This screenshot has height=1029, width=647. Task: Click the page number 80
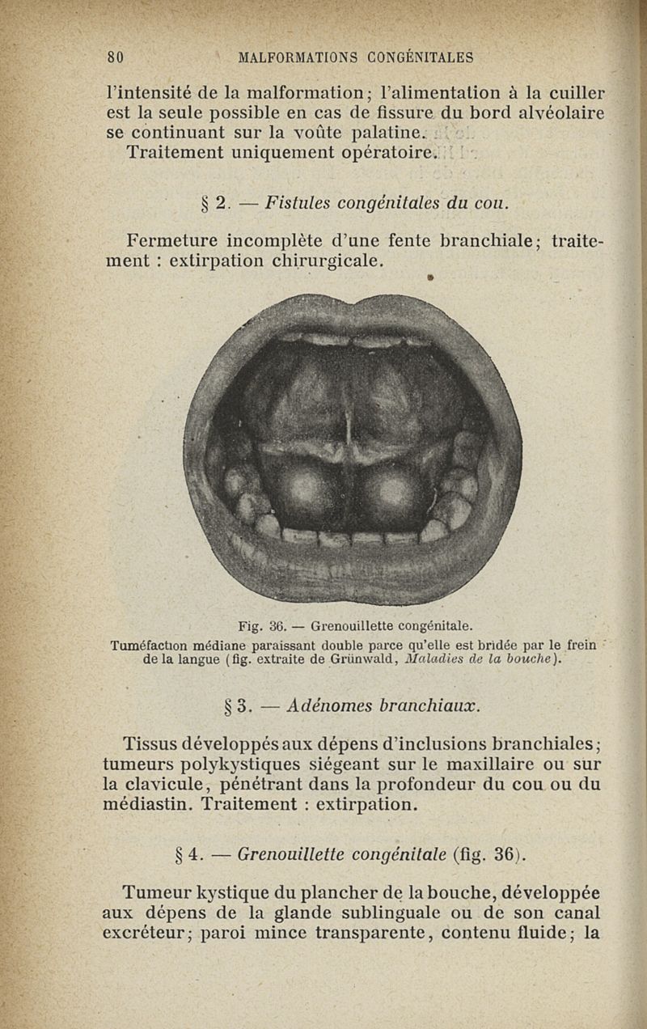click(114, 57)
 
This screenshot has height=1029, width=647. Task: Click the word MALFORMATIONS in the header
click(298, 57)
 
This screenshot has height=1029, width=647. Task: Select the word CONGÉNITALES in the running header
click(421, 57)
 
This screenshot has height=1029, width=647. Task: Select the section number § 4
click(188, 853)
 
